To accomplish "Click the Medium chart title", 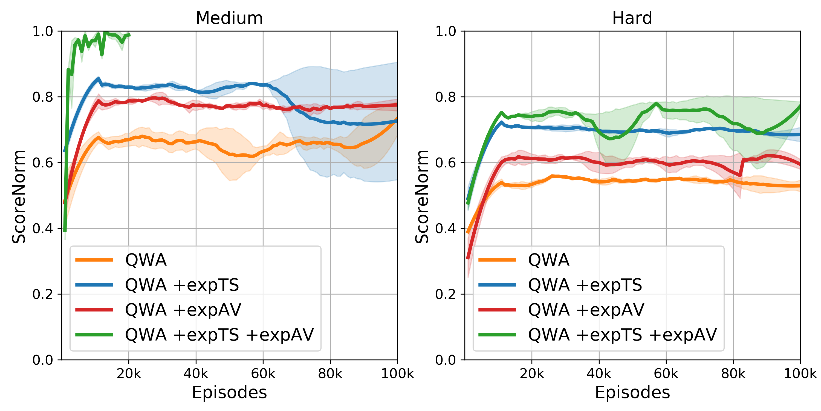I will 229,18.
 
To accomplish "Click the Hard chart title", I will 632,18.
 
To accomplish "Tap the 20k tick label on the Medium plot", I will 129,373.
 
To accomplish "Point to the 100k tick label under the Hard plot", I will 800,373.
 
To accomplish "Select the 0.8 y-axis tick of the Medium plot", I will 43,97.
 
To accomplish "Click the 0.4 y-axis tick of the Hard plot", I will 446,229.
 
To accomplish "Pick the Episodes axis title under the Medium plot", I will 229,392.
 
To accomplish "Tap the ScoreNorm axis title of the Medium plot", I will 19,196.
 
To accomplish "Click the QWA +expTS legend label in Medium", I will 182,285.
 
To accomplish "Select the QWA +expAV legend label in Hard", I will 586,310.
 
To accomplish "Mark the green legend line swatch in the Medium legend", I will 94,335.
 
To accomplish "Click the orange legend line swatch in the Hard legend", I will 497,260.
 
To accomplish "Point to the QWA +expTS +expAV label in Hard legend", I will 622,335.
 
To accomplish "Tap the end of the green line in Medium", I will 129,35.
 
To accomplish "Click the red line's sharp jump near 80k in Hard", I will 741,167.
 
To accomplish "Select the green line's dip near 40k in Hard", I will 610,138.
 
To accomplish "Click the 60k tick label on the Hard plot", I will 666,373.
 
